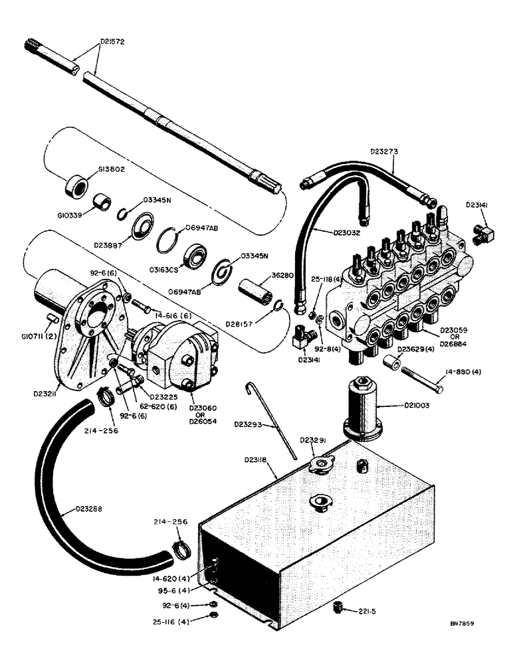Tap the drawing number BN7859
point(464,624)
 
